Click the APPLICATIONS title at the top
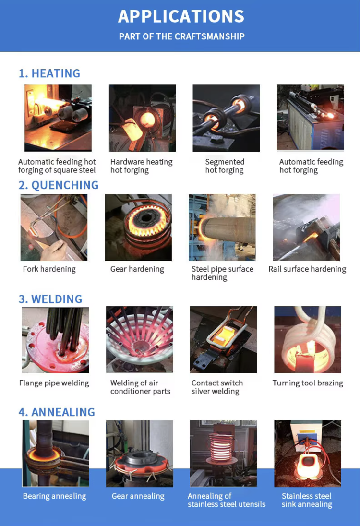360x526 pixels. coord(181,16)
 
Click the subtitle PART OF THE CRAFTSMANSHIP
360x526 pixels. coord(181,36)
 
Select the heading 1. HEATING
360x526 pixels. coord(49,73)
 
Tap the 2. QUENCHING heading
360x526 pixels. coord(58,185)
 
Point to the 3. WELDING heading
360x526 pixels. coord(50,299)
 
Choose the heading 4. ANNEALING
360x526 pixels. coord(57,412)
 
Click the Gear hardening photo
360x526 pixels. coord(138,227)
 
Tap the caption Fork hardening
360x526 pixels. coord(49,269)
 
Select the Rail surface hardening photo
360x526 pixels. coord(306,227)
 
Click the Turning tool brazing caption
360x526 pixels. coord(308,383)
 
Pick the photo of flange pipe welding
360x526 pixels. coord(55,340)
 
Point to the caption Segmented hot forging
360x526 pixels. coord(225,166)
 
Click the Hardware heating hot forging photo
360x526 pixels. coord(142,118)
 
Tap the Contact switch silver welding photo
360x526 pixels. coord(223,340)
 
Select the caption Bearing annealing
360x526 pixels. coord(54,496)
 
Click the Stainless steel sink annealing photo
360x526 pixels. coord(307,454)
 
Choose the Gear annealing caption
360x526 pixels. coord(138,496)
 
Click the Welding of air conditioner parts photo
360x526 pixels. coord(139,340)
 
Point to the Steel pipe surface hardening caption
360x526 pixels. coord(222,273)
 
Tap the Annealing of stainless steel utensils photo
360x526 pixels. coord(223,454)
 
